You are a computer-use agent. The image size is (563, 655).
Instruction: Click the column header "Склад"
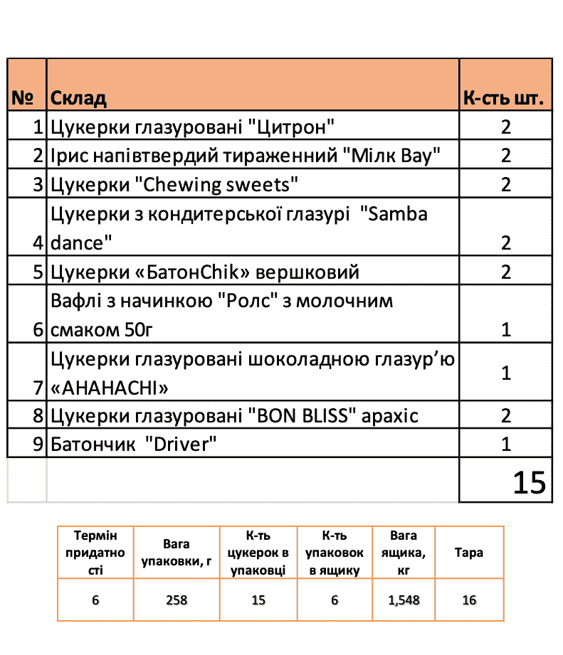click(x=79, y=98)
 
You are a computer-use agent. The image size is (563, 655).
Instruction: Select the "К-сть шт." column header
click(x=505, y=98)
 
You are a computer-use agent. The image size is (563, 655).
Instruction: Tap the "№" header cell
click(x=26, y=98)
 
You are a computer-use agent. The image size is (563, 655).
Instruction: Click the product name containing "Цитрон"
click(x=192, y=127)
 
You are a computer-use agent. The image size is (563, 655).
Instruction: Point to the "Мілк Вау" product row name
click(x=246, y=156)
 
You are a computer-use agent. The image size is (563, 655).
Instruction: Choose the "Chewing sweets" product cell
click(x=174, y=185)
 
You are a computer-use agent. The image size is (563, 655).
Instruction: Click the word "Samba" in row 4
click(x=397, y=213)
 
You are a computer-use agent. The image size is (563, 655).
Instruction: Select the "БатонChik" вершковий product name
click(x=206, y=272)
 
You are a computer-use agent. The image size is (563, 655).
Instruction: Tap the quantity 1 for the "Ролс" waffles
click(x=506, y=329)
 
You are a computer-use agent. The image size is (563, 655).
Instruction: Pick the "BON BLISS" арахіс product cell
click(x=235, y=416)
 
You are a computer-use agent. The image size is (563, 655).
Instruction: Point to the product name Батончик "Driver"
click(x=134, y=444)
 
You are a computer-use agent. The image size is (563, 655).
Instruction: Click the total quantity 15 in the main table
click(x=529, y=482)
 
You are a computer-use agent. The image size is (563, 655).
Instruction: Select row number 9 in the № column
click(x=38, y=444)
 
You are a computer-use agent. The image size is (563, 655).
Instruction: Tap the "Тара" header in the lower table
click(x=468, y=553)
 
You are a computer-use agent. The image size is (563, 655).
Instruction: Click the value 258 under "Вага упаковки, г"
click(x=176, y=600)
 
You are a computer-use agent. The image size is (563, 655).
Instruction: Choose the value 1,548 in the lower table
click(x=404, y=600)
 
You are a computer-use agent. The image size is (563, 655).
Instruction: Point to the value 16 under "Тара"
click(x=468, y=600)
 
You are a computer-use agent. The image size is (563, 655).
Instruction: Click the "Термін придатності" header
click(x=95, y=553)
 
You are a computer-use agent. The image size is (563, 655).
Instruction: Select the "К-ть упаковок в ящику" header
click(x=334, y=553)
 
